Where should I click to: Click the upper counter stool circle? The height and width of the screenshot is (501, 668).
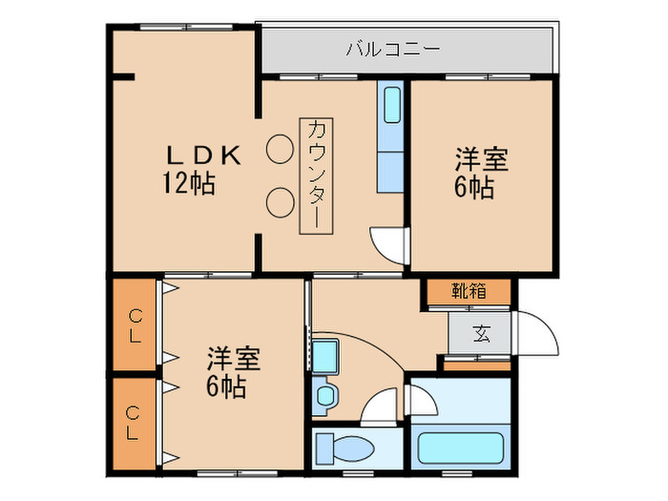[x=280, y=148]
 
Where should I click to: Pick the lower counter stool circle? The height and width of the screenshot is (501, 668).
[x=280, y=200]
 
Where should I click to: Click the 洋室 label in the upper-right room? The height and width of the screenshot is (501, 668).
[x=480, y=158]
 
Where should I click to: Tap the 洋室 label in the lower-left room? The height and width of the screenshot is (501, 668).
[x=234, y=360]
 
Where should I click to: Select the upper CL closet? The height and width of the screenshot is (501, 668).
[x=135, y=325]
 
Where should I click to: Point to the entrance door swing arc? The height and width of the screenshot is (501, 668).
[x=534, y=334]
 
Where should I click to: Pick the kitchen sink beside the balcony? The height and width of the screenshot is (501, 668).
[x=391, y=104]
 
